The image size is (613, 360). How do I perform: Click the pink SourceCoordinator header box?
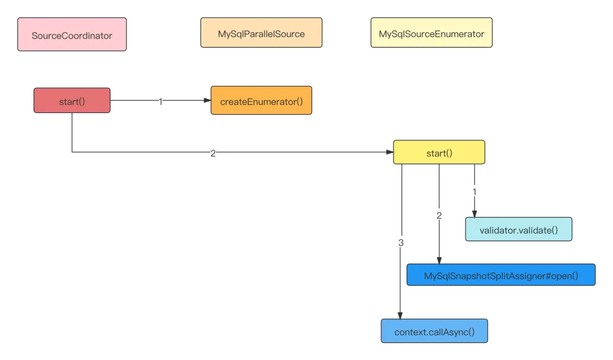click(72, 35)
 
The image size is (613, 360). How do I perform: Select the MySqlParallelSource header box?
click(261, 34)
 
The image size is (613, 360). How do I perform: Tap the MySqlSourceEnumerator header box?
click(431, 34)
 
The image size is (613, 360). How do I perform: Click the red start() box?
click(72, 102)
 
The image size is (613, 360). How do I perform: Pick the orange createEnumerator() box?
click(261, 102)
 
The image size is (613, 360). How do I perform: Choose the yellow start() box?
click(439, 153)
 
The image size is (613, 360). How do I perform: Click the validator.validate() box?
click(519, 230)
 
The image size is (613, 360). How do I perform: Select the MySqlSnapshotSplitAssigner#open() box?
click(501, 275)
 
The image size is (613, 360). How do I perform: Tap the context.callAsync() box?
click(434, 331)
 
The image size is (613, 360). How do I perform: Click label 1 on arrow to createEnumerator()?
click(160, 102)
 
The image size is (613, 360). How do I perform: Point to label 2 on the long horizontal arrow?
click(213, 153)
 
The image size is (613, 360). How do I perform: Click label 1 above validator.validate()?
click(475, 192)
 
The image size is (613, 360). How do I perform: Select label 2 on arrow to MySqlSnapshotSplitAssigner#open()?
click(439, 215)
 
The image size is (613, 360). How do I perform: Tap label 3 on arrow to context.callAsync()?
click(401, 242)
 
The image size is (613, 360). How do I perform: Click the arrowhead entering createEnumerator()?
click(207, 101)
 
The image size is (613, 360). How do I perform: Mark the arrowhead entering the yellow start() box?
click(390, 152)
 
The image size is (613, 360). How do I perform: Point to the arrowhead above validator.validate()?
click(475, 214)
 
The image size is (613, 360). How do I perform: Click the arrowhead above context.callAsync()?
click(400, 316)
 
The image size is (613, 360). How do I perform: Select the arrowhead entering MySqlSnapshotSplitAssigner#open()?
click(439, 260)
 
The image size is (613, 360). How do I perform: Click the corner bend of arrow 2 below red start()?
click(72, 152)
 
